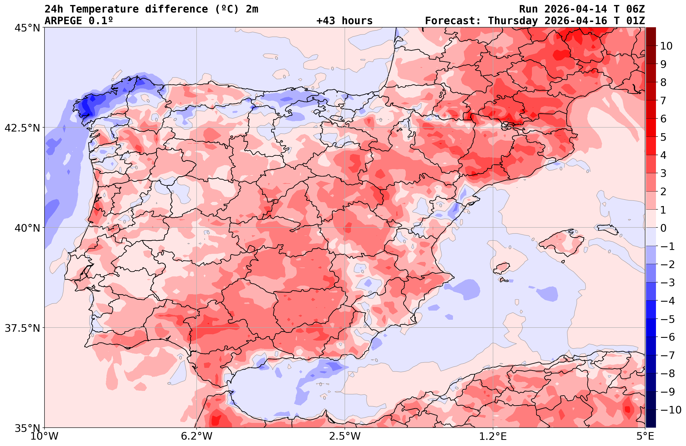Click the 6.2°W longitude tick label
[197, 436]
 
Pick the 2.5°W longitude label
[345, 436]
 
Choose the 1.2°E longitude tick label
[493, 436]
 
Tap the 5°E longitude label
[645, 436]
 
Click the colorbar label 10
[666, 46]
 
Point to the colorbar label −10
[670, 410]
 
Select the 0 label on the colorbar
[663, 228]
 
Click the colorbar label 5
[663, 137]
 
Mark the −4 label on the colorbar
[667, 301]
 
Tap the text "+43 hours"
[345, 21]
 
